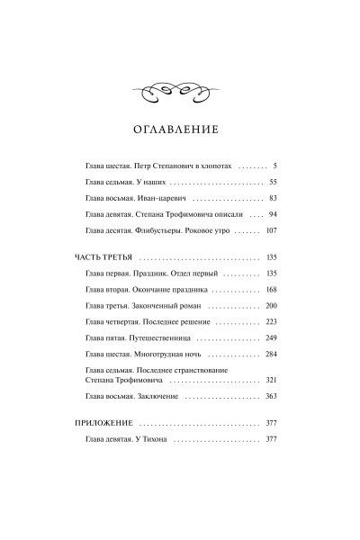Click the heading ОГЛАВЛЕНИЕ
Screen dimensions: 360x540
tap(180, 128)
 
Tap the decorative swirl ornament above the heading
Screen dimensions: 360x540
tap(180, 88)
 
